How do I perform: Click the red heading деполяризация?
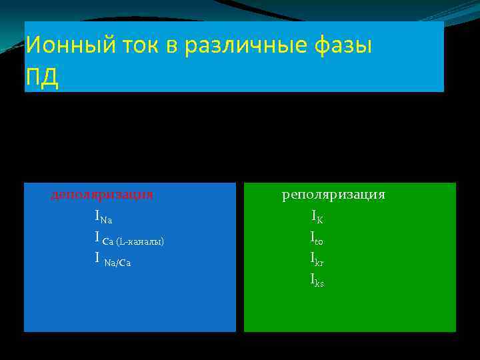click(x=102, y=195)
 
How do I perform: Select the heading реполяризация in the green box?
click(x=333, y=195)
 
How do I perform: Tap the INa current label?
click(x=103, y=216)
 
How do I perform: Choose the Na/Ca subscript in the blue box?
click(x=118, y=263)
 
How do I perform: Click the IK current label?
click(x=317, y=216)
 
